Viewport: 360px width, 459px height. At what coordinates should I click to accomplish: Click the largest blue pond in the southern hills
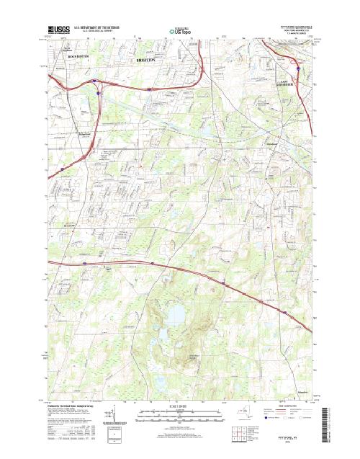pyautogui.click(x=175, y=314)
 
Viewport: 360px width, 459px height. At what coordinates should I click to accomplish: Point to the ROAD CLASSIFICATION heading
pyautogui.click(x=287, y=406)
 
